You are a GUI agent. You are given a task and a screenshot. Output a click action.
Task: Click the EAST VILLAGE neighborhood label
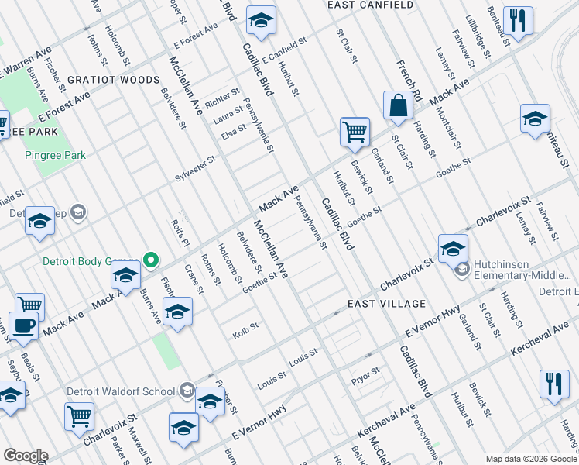(x=387, y=303)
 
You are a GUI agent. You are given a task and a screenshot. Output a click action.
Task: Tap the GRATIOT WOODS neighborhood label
(x=113, y=80)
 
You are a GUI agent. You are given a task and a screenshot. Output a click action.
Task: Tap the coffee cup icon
(x=23, y=326)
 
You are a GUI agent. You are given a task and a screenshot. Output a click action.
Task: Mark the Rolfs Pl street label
(x=176, y=230)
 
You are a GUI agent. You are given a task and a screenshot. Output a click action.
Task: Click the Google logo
(x=26, y=456)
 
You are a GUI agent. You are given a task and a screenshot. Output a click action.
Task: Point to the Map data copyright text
(x=531, y=458)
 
